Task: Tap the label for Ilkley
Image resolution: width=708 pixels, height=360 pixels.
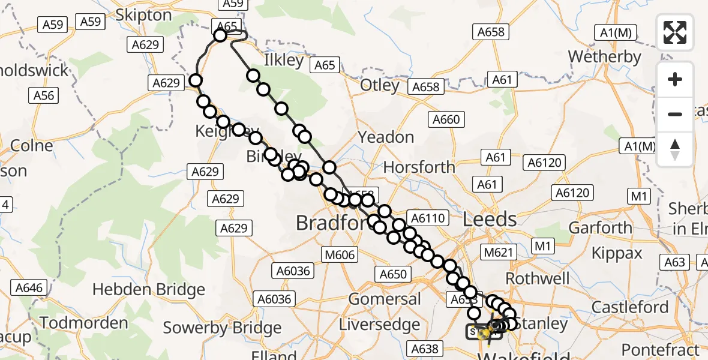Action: (x=284, y=61)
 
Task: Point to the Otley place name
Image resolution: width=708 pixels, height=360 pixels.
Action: (x=380, y=85)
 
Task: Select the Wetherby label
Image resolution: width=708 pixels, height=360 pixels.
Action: (x=604, y=57)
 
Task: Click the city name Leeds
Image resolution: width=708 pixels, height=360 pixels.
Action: (x=490, y=219)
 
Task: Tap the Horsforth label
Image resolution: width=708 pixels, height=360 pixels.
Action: (x=419, y=167)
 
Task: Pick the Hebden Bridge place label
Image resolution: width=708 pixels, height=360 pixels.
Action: (x=149, y=290)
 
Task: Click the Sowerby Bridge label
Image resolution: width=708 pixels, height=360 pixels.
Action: (x=222, y=328)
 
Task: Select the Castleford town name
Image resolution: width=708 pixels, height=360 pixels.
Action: (x=630, y=307)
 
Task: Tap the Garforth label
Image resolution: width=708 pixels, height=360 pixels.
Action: (x=600, y=228)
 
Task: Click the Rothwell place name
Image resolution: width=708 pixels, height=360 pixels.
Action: (x=538, y=278)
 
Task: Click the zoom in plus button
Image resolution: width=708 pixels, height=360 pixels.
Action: (x=675, y=79)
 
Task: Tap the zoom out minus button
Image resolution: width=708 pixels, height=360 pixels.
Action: (x=675, y=114)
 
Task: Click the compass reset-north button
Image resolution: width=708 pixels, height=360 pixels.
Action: (x=675, y=149)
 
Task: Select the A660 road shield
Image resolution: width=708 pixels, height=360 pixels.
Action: (x=447, y=120)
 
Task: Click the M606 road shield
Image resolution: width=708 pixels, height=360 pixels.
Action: (x=340, y=254)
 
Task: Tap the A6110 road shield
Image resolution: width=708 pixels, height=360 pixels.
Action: (x=427, y=218)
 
